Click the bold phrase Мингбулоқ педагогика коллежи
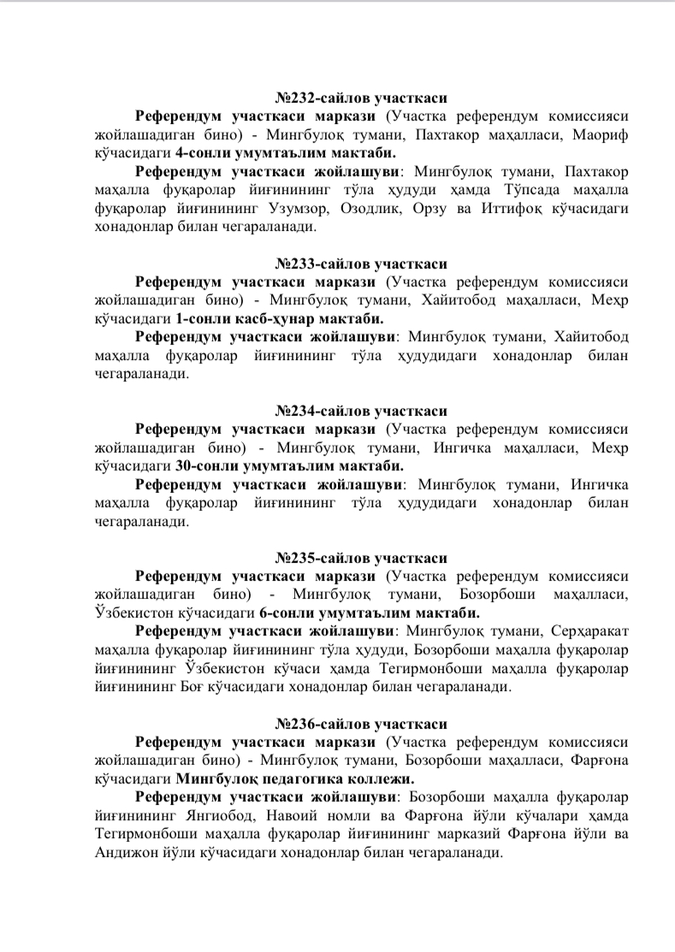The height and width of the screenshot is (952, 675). click(x=294, y=779)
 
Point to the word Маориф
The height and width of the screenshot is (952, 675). click(x=601, y=135)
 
